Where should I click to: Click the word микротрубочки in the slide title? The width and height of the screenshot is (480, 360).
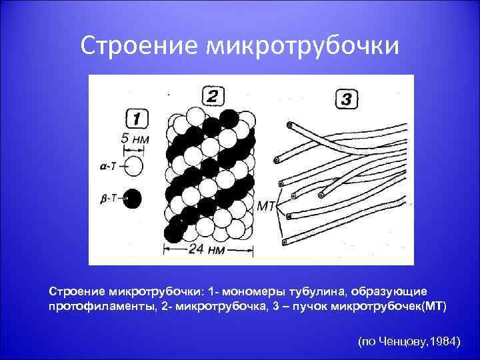pyautogui.click(x=303, y=45)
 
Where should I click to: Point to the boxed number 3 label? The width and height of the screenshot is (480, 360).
pyautogui.click(x=346, y=101)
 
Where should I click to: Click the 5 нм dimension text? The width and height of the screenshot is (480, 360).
pyautogui.click(x=135, y=140)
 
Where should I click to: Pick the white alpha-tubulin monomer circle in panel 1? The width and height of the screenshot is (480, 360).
pyautogui.click(x=133, y=166)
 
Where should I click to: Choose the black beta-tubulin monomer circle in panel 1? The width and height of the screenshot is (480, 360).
pyautogui.click(x=133, y=198)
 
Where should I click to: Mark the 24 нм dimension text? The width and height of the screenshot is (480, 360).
pyautogui.click(x=207, y=251)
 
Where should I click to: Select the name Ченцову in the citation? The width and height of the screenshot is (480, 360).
pyautogui.click(x=403, y=341)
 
